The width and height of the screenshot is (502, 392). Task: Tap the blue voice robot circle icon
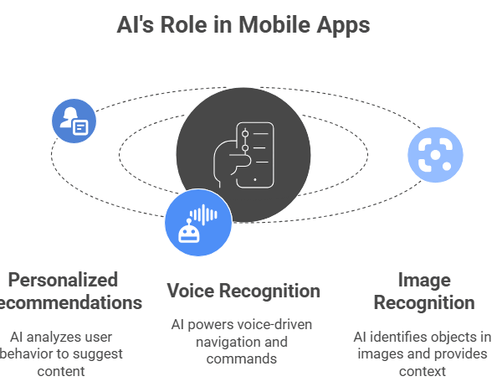[x=197, y=221]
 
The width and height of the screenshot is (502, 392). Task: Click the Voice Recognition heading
[x=243, y=291]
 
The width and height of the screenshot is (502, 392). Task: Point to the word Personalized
[x=63, y=280]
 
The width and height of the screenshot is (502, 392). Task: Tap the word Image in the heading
[x=423, y=280]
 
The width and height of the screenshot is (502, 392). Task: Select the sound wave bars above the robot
[x=203, y=214]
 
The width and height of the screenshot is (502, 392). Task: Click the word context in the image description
[x=423, y=370]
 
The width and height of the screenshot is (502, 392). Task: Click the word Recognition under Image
[x=423, y=302]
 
